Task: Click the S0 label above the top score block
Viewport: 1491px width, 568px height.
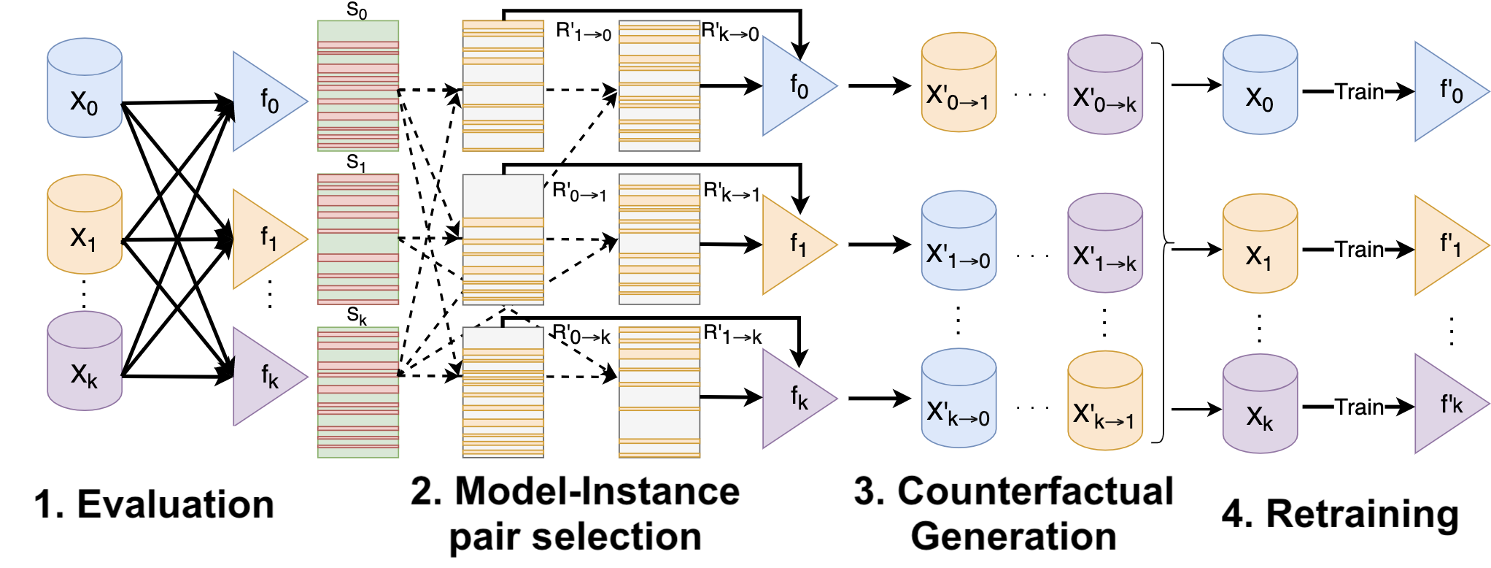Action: [x=357, y=10]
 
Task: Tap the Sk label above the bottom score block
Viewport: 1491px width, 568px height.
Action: [x=357, y=316]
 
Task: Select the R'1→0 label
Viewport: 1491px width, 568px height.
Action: [x=583, y=31]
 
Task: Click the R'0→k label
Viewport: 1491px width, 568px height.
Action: [x=581, y=335]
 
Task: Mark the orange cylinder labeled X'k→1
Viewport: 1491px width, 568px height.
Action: [x=1104, y=401]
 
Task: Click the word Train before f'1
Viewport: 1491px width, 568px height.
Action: [x=1359, y=250]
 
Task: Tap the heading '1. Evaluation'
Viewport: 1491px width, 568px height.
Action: [x=154, y=504]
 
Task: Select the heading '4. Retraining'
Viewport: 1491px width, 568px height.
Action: [x=1340, y=513]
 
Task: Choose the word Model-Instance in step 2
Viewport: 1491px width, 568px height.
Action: [x=597, y=491]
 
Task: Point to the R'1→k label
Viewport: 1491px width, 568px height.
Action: [x=732, y=335]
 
